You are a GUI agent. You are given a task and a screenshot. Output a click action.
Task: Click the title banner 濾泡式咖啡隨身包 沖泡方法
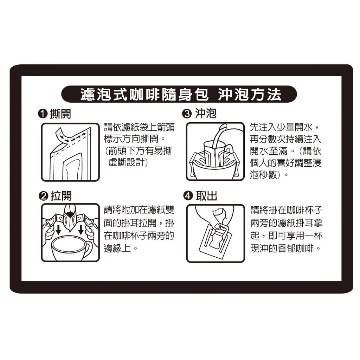[x=179, y=94]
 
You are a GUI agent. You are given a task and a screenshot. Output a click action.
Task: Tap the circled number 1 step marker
[x=43, y=114]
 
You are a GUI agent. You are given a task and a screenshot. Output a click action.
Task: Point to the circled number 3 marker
[x=187, y=114]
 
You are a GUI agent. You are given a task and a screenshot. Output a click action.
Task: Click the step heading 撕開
[x=60, y=114]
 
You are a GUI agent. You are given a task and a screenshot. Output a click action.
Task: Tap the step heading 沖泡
[x=206, y=114]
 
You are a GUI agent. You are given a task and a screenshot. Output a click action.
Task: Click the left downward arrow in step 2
[x=59, y=229]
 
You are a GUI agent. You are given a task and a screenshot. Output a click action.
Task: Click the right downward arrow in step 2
[x=81, y=229]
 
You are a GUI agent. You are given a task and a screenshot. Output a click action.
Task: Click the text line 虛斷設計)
[x=128, y=162]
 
